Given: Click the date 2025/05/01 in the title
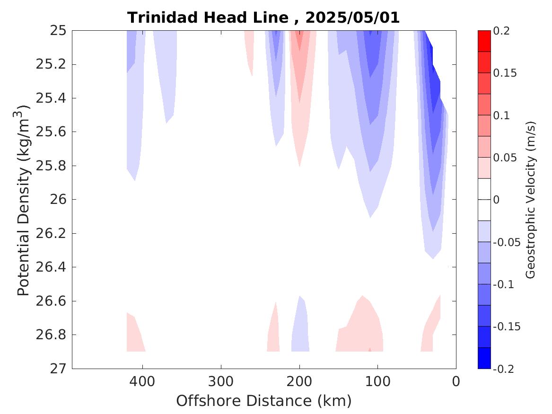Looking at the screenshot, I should (x=352, y=18).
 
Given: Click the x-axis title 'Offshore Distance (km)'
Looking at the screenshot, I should (x=264, y=401).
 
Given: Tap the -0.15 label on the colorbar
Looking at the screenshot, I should (x=507, y=326).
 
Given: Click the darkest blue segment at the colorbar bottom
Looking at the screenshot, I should (x=484, y=358).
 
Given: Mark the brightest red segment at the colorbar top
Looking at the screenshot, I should (x=484, y=41).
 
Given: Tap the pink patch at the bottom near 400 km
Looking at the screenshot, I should (x=134, y=337).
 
